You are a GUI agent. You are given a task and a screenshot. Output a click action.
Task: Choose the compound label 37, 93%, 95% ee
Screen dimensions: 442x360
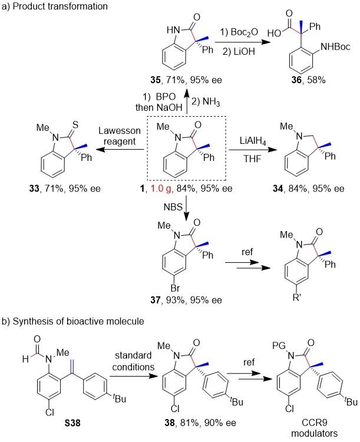coord(182,300)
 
